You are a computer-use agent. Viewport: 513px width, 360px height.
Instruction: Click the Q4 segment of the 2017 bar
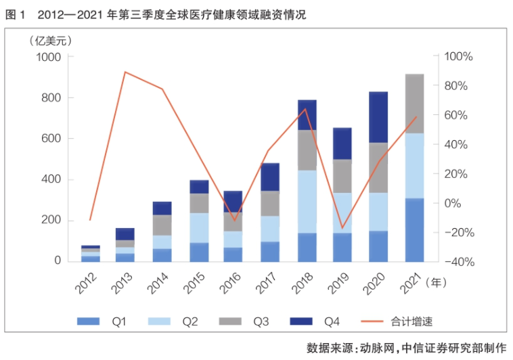270,177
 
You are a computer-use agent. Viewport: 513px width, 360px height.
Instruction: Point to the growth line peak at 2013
125,72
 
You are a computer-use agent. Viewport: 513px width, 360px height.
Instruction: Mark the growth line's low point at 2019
342,228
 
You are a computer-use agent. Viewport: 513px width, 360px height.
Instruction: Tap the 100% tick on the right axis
459,57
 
